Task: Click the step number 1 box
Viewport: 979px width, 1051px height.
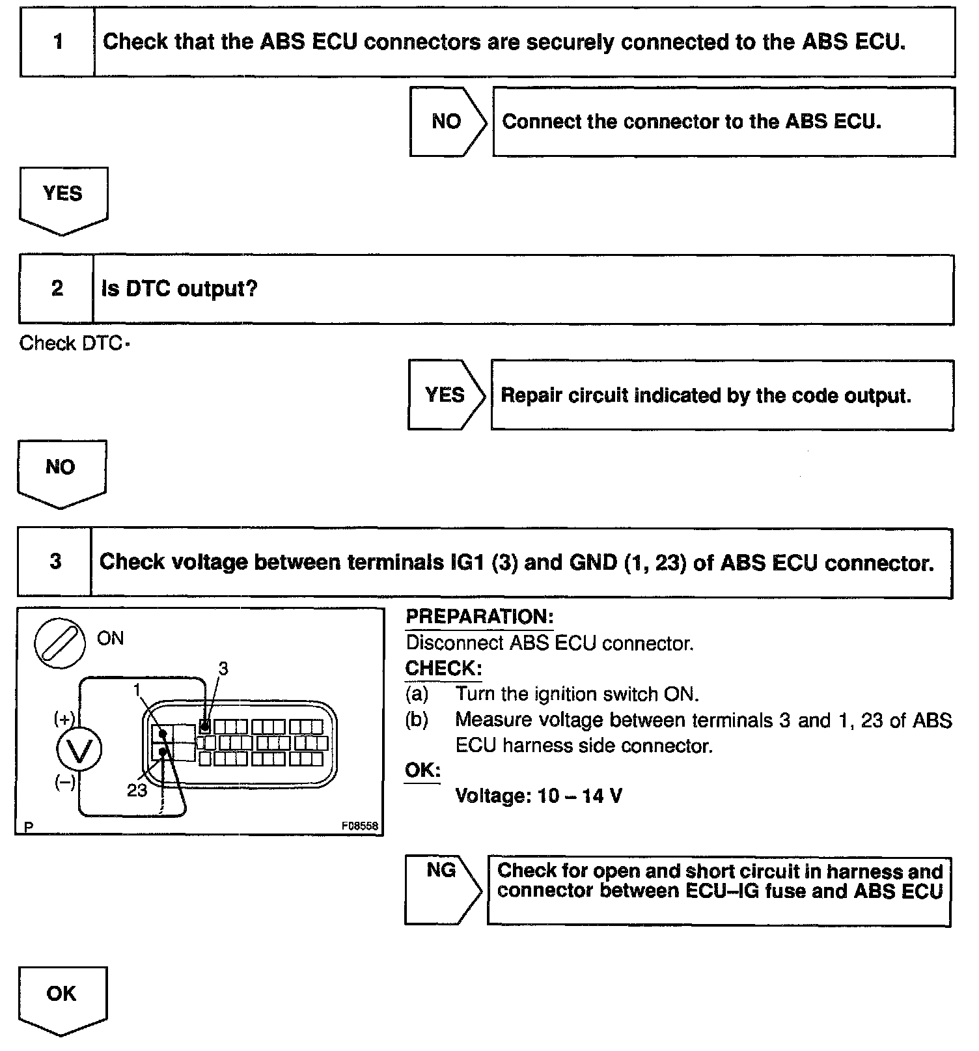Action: click(58, 42)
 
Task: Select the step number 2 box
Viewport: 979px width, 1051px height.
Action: click(57, 288)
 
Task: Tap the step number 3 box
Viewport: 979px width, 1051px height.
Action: click(55, 561)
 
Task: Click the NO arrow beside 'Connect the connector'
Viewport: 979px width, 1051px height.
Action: click(447, 122)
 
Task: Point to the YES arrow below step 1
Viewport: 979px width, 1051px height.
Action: click(63, 199)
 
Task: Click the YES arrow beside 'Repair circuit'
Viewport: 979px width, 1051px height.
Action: click(445, 395)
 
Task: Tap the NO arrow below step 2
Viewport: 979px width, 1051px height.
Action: click(61, 472)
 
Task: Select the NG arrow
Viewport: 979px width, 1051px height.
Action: click(442, 889)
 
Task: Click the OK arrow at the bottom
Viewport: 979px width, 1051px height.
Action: click(62, 999)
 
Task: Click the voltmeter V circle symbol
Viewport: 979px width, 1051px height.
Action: click(79, 751)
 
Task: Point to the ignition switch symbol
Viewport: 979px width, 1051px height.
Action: click(60, 642)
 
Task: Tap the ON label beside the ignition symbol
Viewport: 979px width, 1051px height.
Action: click(110, 638)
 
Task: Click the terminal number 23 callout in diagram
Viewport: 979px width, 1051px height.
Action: click(137, 791)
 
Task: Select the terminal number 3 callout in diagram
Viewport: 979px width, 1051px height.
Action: click(223, 669)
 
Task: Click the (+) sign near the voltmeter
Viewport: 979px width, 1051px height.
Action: click(64, 719)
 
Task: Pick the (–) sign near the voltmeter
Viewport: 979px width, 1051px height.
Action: click(64, 783)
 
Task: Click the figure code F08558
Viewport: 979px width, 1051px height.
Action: click(359, 826)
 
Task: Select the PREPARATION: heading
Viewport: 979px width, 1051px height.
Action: click(479, 617)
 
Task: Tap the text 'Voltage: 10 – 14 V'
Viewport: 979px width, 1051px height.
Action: click(538, 796)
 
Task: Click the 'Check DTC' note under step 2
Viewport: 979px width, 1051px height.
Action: click(72, 343)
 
